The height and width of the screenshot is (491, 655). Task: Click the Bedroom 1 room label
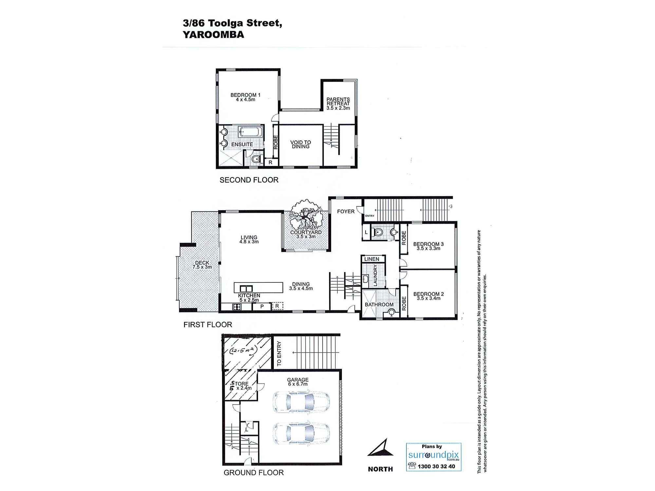tap(245, 95)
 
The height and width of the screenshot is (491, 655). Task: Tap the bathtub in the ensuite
tap(250, 132)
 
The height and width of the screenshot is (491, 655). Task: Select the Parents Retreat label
tap(338, 101)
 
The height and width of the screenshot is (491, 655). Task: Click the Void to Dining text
tap(301, 144)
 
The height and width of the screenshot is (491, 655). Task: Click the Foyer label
tap(346, 211)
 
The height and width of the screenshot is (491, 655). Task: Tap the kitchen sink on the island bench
tap(246, 288)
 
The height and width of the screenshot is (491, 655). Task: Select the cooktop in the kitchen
tap(237, 307)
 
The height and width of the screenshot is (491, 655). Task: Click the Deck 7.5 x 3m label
tap(202, 265)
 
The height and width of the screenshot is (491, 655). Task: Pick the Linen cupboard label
tap(372, 259)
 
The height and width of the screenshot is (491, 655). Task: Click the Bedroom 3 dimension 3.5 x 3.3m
tap(428, 248)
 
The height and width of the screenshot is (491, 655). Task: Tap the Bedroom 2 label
tap(428, 294)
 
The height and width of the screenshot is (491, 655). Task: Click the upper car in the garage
tap(301, 402)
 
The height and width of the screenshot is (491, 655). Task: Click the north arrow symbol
tap(382, 448)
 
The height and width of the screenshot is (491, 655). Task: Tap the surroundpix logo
tap(434, 455)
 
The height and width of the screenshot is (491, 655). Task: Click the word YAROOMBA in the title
tap(213, 35)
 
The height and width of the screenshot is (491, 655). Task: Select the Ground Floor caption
tap(253, 473)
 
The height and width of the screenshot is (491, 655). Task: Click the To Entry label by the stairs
tap(279, 354)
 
